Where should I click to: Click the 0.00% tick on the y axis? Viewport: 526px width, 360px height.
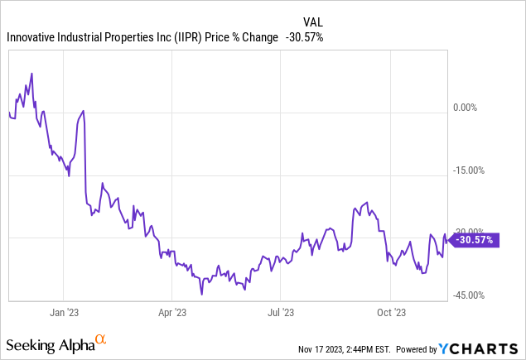tap(467, 108)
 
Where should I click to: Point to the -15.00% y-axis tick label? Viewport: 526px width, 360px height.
tap(470, 170)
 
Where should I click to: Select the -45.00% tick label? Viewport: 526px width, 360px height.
tap(470, 295)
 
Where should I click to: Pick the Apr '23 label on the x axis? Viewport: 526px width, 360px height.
tap(171, 313)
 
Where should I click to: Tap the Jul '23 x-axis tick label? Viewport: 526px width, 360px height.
tap(280, 313)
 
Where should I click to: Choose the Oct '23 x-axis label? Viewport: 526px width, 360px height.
tap(390, 313)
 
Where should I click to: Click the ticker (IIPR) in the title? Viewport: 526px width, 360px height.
tap(181, 37)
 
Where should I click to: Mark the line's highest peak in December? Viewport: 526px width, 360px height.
tap(31, 73)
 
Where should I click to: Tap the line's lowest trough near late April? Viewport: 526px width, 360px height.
tap(201, 294)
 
